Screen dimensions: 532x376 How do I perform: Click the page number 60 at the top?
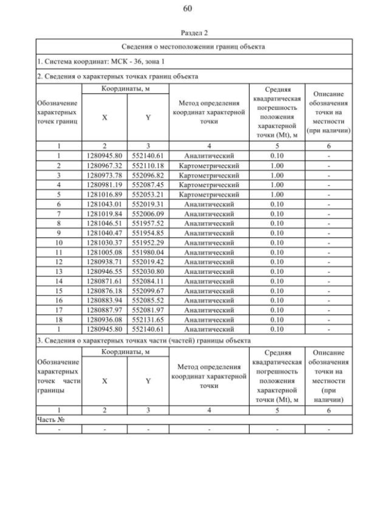point(187,8)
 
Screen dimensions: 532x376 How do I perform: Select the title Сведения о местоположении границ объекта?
point(194,46)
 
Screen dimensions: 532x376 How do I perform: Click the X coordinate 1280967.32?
point(105,165)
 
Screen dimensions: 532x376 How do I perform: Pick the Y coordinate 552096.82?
point(147,175)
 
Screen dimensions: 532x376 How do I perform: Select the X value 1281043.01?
point(105,204)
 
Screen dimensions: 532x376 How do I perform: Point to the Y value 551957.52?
point(147,223)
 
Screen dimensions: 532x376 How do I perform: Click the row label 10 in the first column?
point(59,243)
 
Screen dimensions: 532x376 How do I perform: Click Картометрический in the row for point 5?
point(209,194)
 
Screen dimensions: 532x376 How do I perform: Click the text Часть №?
point(50,419)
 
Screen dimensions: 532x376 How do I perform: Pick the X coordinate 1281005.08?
point(105,252)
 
